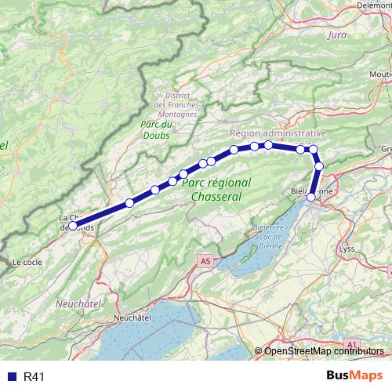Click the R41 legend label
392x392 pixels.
click(34, 377)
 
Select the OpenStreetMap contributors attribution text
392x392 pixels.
click(325, 351)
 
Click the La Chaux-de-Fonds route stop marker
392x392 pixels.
click(72, 225)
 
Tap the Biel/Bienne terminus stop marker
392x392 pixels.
click(311, 197)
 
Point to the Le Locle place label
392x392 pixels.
click(27, 262)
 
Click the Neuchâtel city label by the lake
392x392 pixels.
click(132, 318)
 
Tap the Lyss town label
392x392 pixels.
click(347, 249)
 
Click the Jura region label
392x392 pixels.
click(337, 35)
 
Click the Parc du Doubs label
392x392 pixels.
click(155, 129)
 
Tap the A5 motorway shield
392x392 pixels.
click(205, 260)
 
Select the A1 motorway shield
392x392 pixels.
click(350, 344)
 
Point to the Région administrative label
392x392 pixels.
click(278, 134)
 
